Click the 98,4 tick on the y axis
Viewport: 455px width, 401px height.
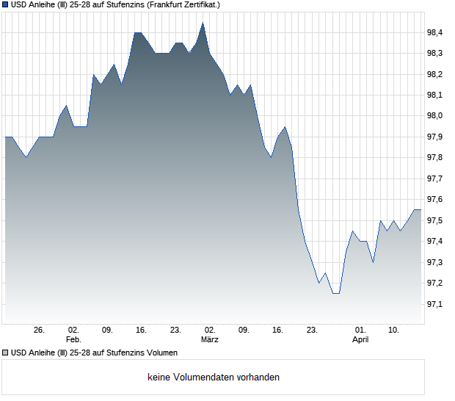pyautogui.click(x=436, y=32)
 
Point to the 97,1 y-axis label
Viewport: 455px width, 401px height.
pyautogui.click(x=436, y=304)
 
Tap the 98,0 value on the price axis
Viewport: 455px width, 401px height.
pyautogui.click(x=436, y=116)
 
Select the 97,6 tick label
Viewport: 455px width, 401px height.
pyautogui.click(x=436, y=200)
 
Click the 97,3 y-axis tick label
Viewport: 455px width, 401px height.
pyautogui.click(x=436, y=262)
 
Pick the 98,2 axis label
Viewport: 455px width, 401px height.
pyautogui.click(x=436, y=74)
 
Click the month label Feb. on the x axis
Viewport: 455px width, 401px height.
pyautogui.click(x=73, y=340)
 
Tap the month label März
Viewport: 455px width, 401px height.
pyautogui.click(x=210, y=340)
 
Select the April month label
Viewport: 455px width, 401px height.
pyautogui.click(x=360, y=340)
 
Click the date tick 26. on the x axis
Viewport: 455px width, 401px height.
pyautogui.click(x=40, y=330)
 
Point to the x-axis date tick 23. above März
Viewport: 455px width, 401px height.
pyautogui.click(x=175, y=330)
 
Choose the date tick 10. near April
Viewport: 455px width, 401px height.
pyautogui.click(x=394, y=330)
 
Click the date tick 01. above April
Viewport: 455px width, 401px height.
pyautogui.click(x=360, y=330)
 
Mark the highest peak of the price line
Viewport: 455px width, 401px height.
pyautogui.click(x=203, y=23)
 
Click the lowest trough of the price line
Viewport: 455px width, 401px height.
pyautogui.click(x=335, y=293)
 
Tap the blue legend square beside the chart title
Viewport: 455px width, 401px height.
pyautogui.click(x=5, y=5)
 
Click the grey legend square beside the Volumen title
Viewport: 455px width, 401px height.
pyautogui.click(x=5, y=353)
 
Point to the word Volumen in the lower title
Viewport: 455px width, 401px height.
pyautogui.click(x=160, y=353)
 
